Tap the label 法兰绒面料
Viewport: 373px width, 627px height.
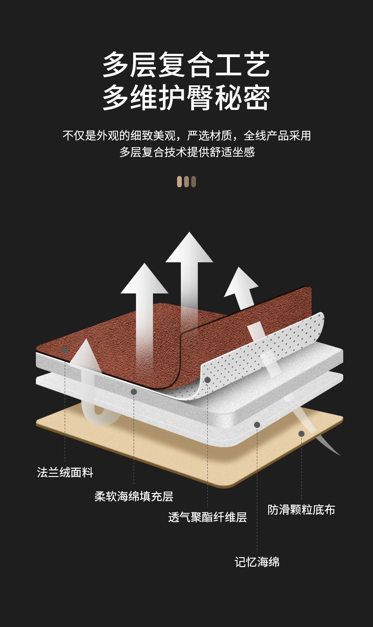65,472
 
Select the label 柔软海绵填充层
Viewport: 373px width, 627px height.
134,496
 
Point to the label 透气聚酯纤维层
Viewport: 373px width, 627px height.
207,517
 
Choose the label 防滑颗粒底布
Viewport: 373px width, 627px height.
301,510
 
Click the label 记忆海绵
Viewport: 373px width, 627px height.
257,562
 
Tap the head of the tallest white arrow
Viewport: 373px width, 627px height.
189,248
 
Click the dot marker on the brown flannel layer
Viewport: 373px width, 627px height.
65,350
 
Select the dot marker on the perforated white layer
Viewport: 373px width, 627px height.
207,380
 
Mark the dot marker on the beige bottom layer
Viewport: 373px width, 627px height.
301,434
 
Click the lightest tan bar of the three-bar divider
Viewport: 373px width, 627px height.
179,182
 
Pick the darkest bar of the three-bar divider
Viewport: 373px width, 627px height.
194,182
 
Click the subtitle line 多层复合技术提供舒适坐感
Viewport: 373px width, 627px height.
187,152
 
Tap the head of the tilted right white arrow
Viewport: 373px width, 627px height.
241,282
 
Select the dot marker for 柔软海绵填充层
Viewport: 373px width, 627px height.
134,392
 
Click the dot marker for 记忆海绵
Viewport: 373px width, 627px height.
257,425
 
